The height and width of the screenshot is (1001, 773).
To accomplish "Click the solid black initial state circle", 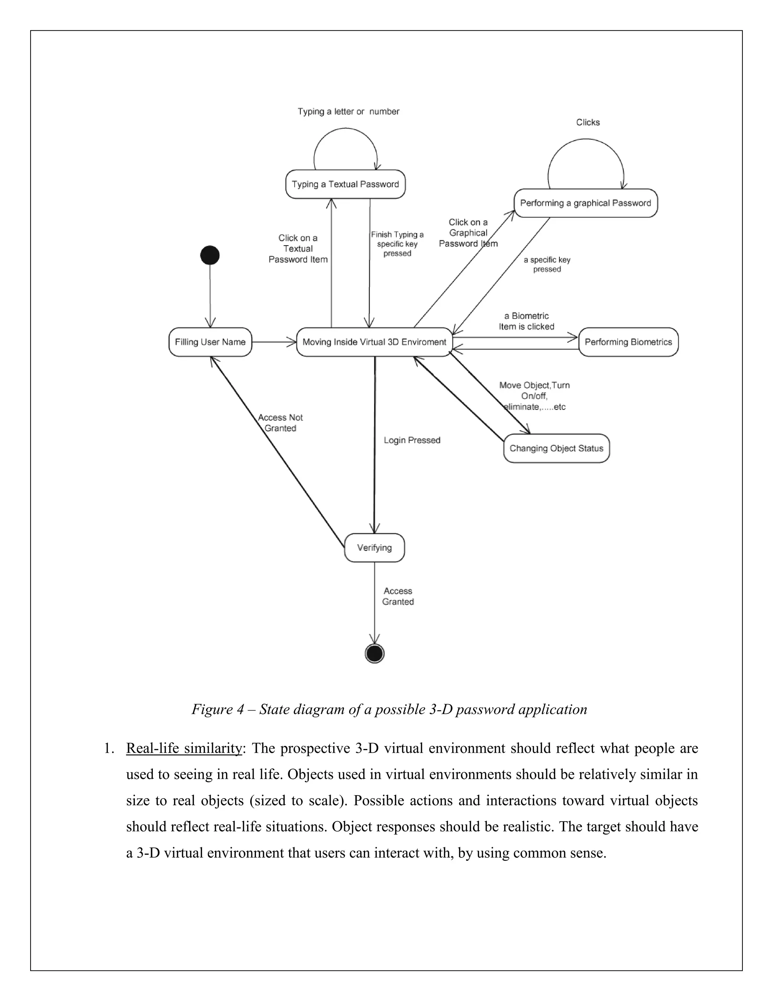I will (210, 255).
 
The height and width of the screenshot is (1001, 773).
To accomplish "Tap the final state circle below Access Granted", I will (374, 653).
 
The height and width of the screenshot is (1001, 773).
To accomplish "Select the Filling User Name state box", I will (210, 342).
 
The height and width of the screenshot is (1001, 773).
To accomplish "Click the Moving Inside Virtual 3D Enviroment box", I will (374, 342).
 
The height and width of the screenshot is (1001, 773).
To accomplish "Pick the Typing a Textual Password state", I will (345, 184).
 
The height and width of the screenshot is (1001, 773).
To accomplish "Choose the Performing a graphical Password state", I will (585, 203).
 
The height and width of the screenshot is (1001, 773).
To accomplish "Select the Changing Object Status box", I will (556, 448).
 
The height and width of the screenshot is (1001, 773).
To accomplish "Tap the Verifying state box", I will (374, 548).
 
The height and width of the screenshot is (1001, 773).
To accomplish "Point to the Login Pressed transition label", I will (412, 440).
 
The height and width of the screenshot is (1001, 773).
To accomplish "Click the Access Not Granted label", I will (280, 423).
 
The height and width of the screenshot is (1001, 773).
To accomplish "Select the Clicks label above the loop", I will (588, 122).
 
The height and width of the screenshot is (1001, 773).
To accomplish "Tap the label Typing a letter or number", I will (348, 111).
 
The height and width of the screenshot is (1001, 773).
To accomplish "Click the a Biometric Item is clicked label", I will (527, 321).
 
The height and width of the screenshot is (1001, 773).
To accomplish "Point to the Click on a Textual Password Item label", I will (298, 249).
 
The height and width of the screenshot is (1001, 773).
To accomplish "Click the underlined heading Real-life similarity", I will (184, 748).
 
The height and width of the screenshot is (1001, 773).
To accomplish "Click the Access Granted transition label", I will (398, 596).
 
